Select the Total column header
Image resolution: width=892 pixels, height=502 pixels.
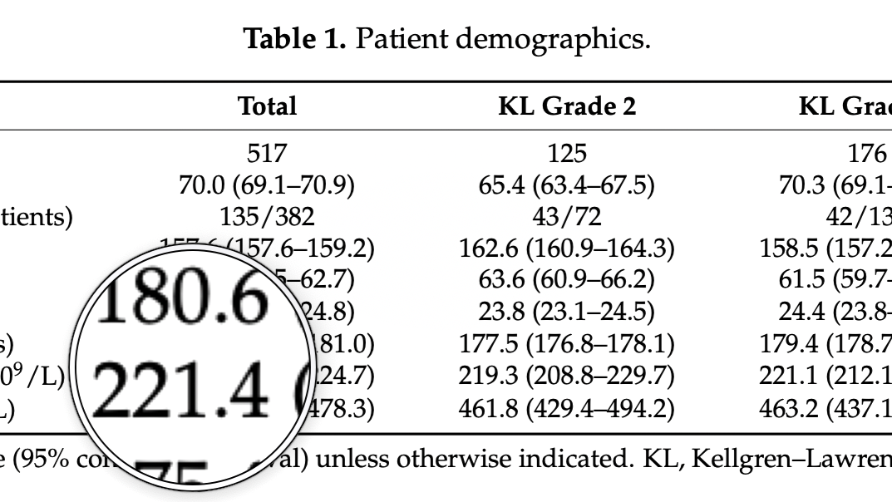[267, 106]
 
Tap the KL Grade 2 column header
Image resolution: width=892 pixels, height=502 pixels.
[567, 106]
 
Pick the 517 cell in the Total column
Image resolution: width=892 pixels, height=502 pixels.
[267, 153]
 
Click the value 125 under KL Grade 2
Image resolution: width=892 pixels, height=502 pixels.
[567, 153]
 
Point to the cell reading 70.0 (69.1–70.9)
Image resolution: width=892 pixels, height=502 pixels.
[267, 185]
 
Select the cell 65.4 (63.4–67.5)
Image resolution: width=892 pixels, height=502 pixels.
[567, 185]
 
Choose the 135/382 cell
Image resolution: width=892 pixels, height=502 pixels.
[267, 216]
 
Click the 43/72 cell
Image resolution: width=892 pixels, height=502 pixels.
[567, 216]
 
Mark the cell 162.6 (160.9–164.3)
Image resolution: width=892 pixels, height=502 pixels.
[567, 248]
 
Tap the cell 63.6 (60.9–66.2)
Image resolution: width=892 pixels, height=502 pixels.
[567, 279]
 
